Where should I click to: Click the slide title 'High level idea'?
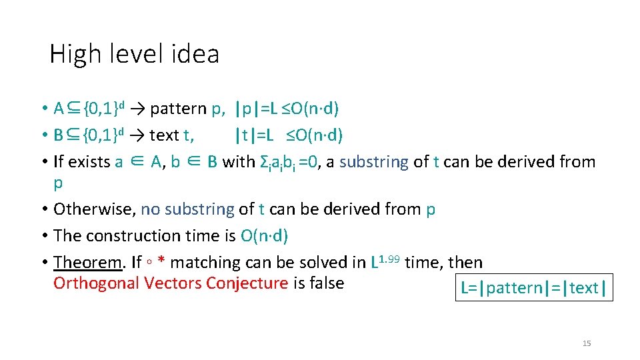[x=134, y=54]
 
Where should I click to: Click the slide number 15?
[x=587, y=343]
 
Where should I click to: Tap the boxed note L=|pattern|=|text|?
[x=533, y=287]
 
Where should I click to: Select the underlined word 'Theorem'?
[x=89, y=263]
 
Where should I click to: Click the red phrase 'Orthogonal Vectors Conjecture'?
[x=170, y=283]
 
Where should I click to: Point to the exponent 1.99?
[x=390, y=257]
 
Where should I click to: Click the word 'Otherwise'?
[x=94, y=209]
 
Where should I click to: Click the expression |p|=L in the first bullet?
[x=260, y=109]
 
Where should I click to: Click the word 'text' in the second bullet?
[x=165, y=135]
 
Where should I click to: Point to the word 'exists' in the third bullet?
[x=89, y=162]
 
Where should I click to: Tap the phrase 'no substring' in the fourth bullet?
[x=187, y=209]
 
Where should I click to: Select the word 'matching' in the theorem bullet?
[x=203, y=263]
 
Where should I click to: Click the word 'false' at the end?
[x=327, y=283]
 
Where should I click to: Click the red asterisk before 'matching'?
[x=161, y=261]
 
